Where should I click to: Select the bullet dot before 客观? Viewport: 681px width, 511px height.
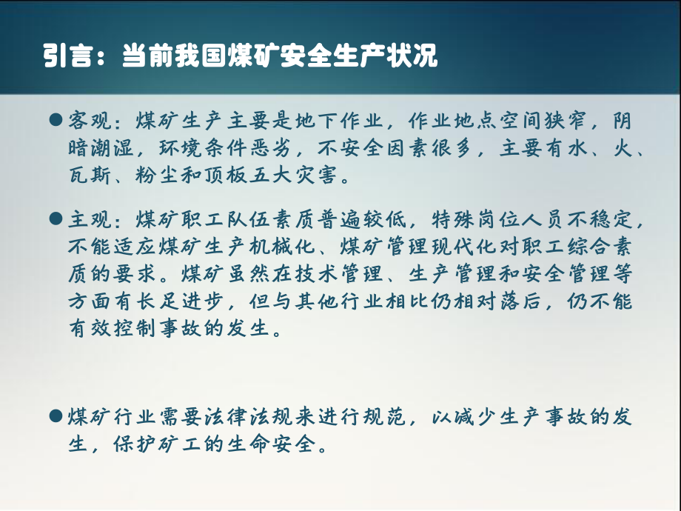tap(55, 119)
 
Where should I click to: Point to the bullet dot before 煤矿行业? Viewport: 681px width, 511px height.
tap(55, 415)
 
